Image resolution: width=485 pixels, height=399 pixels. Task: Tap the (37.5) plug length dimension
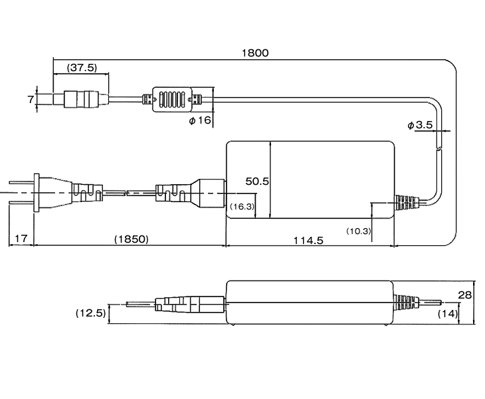(82, 67)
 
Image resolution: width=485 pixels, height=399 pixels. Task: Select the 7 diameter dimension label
(30, 100)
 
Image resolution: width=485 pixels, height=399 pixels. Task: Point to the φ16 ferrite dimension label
(199, 120)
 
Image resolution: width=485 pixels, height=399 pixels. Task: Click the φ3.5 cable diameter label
(420, 124)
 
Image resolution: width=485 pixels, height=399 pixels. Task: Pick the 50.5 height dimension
(256, 181)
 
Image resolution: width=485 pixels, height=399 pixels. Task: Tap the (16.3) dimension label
(242, 207)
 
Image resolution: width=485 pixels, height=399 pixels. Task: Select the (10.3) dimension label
(359, 230)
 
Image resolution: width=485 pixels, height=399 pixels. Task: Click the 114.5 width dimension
(308, 239)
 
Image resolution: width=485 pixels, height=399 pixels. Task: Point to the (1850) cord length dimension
(131, 238)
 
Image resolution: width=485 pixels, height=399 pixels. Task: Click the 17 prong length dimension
(21, 238)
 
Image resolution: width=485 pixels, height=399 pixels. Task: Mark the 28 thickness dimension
(465, 295)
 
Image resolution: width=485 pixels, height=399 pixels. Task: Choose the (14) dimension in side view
(447, 313)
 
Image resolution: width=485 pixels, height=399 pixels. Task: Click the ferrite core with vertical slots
(173, 100)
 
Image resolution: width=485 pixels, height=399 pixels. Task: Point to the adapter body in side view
(309, 303)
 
